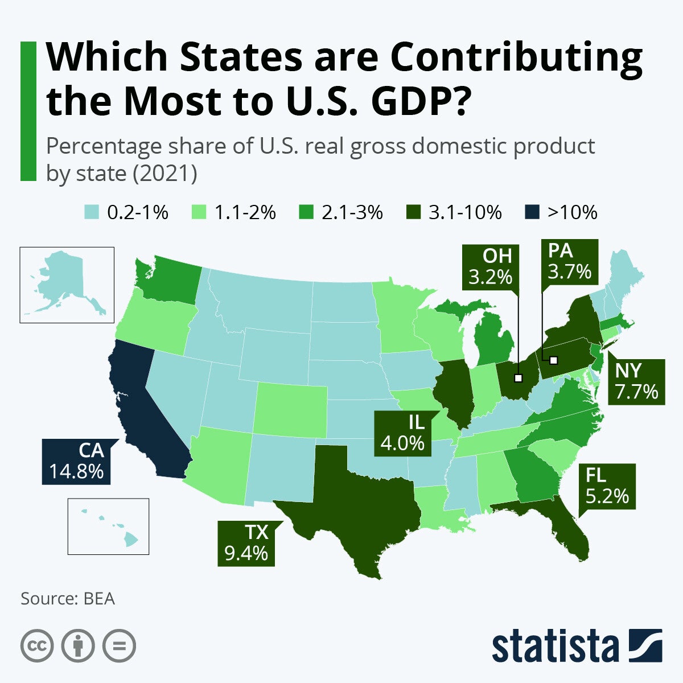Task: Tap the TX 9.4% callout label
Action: (246, 543)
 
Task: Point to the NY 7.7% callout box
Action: (636, 382)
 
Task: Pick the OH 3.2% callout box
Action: (490, 266)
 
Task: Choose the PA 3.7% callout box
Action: (569, 262)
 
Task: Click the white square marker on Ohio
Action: (518, 377)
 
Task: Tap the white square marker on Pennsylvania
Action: (553, 360)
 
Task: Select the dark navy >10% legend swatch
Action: (530, 213)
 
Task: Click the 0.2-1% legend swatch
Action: (92, 213)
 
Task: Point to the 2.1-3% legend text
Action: (352, 213)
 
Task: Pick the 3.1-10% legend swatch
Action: (413, 213)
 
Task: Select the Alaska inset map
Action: (67, 285)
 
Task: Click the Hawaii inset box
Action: (108, 526)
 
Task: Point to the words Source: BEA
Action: (68, 599)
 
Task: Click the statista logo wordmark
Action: (556, 647)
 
